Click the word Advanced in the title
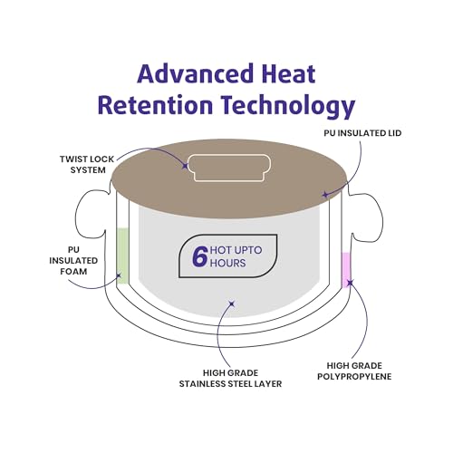pos(195,73)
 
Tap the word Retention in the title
pos(155,105)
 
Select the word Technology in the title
pos(288,107)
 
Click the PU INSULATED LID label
pos(362,133)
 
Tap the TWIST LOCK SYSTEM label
pos(87,165)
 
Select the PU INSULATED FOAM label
pos(73,261)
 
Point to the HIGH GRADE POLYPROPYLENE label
pos(354,371)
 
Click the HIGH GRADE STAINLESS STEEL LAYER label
pos(230,379)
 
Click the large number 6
pos(200,256)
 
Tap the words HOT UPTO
pos(236,250)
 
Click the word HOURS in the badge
pos(228,263)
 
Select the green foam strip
pos(122,255)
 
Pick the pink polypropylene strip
pos(346,270)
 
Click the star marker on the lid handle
pos(185,166)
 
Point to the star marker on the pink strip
pos(350,283)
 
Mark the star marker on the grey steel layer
pos(232,304)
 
